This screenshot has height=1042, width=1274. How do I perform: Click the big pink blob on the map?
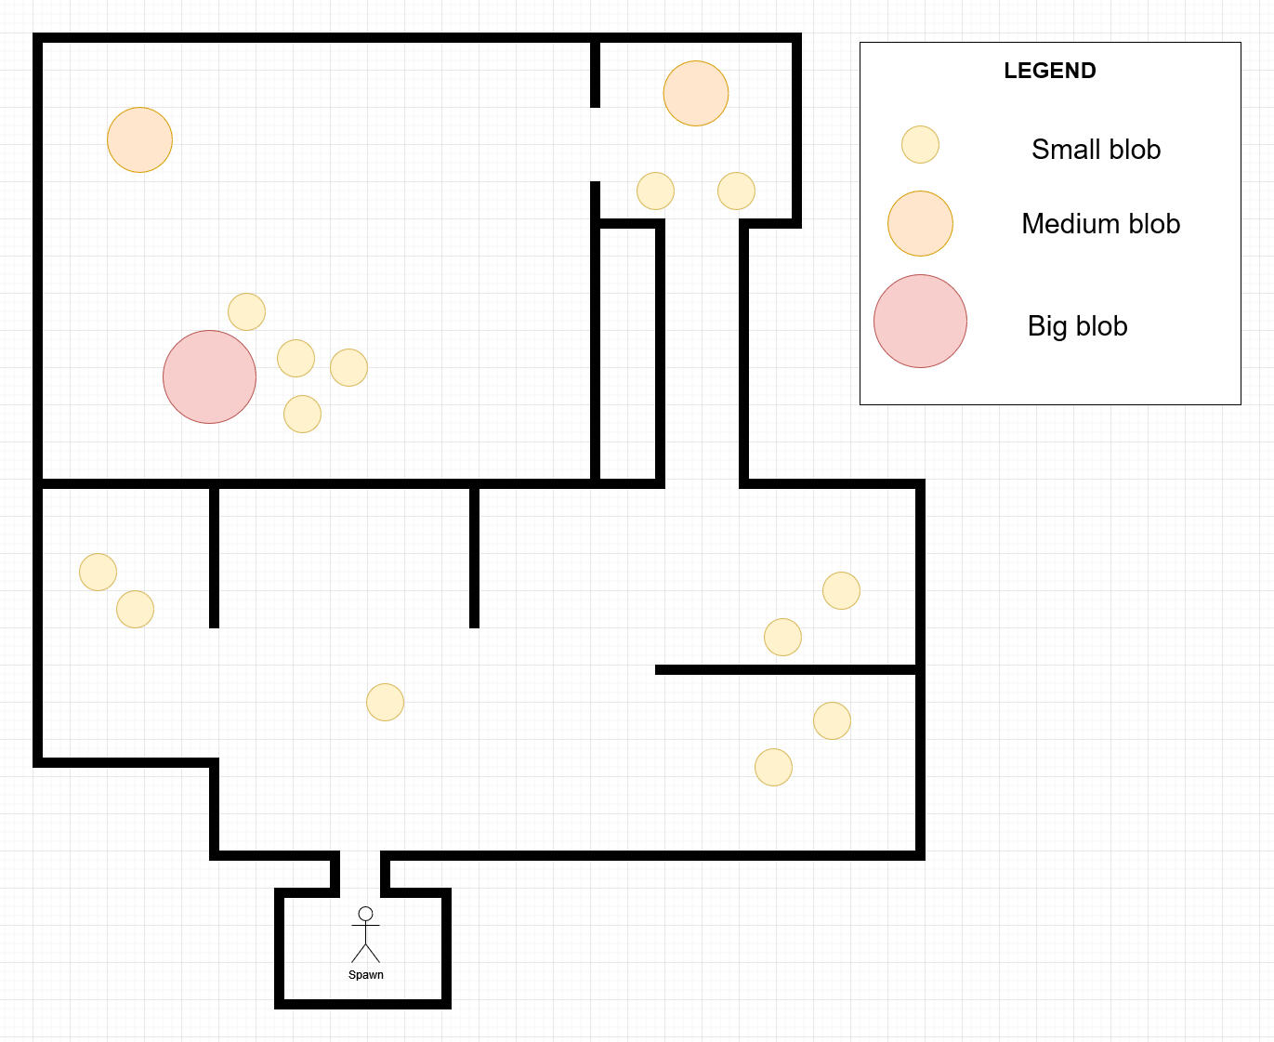click(x=209, y=376)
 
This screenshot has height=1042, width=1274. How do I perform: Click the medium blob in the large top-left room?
click(x=139, y=139)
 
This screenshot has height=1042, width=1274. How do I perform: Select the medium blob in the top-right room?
click(x=695, y=93)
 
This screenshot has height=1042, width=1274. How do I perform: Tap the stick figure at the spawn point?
click(x=365, y=934)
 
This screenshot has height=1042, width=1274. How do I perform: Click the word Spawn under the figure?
click(x=365, y=975)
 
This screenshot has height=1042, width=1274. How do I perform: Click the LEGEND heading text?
click(x=1049, y=71)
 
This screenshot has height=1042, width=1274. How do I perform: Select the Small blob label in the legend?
click(x=1096, y=149)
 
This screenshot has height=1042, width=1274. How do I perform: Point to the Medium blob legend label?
click(x=1100, y=223)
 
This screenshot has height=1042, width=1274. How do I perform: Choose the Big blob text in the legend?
click(x=1077, y=325)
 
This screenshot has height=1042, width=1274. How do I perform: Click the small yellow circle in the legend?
click(x=920, y=144)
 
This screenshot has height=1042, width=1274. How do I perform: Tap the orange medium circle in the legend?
click(x=920, y=223)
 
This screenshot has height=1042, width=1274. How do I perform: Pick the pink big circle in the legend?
click(x=920, y=321)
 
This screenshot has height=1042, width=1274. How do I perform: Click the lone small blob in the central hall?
click(x=385, y=702)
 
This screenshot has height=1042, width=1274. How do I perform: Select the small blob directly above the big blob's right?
click(x=246, y=311)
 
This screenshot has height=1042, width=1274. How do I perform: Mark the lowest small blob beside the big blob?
click(x=302, y=414)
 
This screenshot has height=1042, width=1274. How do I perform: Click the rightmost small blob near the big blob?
click(x=348, y=367)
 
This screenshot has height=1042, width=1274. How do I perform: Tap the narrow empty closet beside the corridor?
click(x=627, y=353)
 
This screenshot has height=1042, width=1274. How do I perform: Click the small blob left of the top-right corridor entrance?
click(x=655, y=191)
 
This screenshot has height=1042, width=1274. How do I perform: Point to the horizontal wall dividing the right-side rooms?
click(x=786, y=669)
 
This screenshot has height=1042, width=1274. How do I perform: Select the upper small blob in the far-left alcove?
click(x=98, y=572)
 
